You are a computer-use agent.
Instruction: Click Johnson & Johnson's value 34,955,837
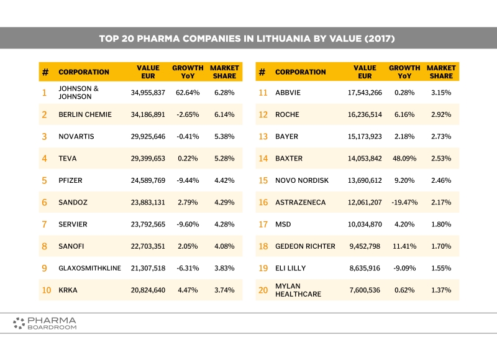[148, 93]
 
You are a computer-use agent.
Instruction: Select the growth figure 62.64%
[188, 93]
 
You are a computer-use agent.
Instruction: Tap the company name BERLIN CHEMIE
[85, 114]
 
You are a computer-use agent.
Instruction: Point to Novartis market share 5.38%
[224, 136]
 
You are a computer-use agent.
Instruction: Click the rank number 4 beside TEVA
[44, 159]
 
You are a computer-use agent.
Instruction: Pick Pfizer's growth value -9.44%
[188, 180]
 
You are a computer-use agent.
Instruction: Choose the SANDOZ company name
[73, 202]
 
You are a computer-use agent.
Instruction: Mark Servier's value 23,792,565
[148, 224]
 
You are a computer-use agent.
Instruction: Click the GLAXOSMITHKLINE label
[89, 268]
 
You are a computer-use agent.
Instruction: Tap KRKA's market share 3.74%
[224, 290]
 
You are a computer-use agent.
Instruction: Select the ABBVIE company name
[288, 93]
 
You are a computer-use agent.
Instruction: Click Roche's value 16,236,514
[365, 114]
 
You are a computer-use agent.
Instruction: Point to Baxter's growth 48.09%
[404, 159]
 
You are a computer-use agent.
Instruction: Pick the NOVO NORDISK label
[302, 180]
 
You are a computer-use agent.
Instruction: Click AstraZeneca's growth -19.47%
[404, 202]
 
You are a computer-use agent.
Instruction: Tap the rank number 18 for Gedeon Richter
[263, 246]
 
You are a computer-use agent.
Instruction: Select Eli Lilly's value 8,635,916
[365, 268]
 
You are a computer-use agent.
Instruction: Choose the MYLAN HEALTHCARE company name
[298, 290]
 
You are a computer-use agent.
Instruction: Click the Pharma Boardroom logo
[45, 323]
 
